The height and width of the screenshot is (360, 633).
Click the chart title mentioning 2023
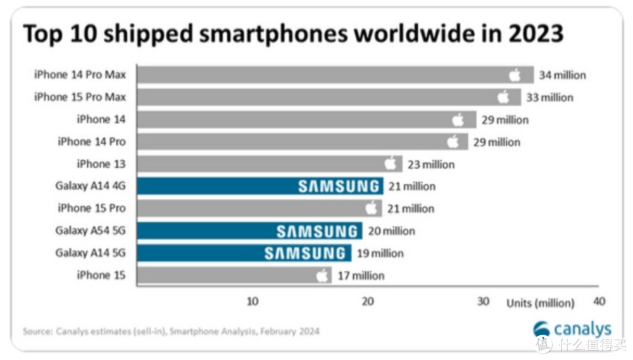click(293, 34)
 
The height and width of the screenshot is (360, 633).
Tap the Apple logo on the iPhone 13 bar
click(391, 164)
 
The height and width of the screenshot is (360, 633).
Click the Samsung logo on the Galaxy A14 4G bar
click(339, 186)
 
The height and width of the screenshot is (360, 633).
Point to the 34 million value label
click(562, 75)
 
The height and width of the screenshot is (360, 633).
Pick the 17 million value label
click(360, 275)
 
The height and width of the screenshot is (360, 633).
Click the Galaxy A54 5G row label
click(91, 230)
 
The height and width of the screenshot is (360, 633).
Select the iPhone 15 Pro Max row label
click(80, 97)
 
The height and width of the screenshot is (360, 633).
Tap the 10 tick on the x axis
click(252, 302)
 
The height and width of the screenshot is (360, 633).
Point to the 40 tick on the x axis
click(599, 302)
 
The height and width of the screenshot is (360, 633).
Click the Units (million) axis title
click(540, 303)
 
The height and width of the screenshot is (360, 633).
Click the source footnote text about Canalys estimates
click(171, 331)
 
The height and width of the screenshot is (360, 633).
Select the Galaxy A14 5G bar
click(244, 253)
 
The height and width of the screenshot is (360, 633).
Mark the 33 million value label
click(549, 97)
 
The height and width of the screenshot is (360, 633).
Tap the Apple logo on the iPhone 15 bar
click(322, 275)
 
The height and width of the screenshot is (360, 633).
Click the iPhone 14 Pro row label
click(92, 142)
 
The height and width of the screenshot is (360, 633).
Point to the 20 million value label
click(391, 231)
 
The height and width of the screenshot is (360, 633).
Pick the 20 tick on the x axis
click(368, 302)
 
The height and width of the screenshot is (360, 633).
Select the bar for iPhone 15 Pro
click(253, 208)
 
